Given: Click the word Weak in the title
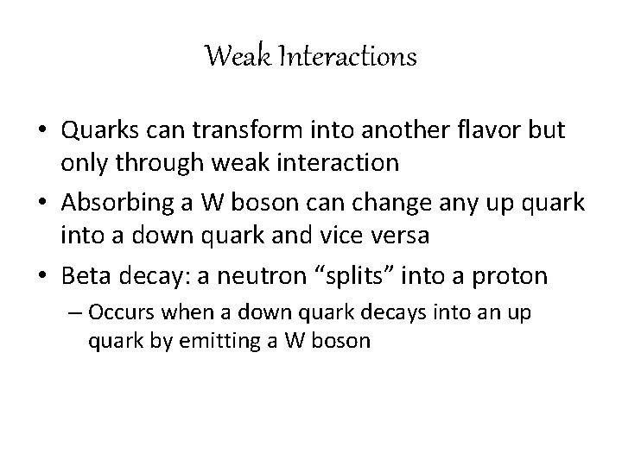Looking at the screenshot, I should coord(231,58).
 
